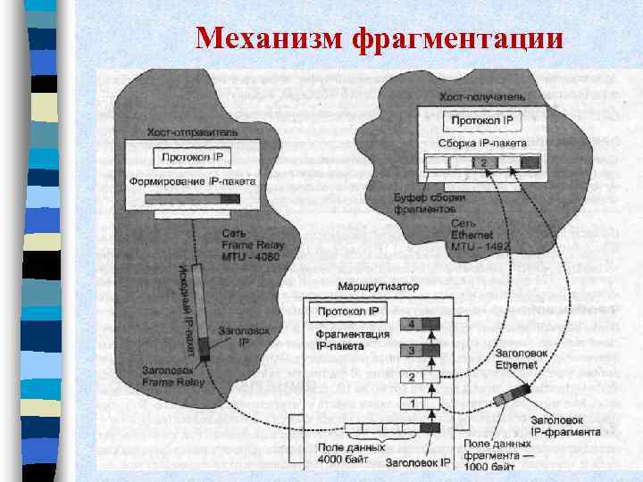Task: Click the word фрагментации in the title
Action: [458, 38]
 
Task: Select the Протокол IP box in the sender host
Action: [195, 157]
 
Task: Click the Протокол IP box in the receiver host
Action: [482, 120]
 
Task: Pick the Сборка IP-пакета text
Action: [482, 143]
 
